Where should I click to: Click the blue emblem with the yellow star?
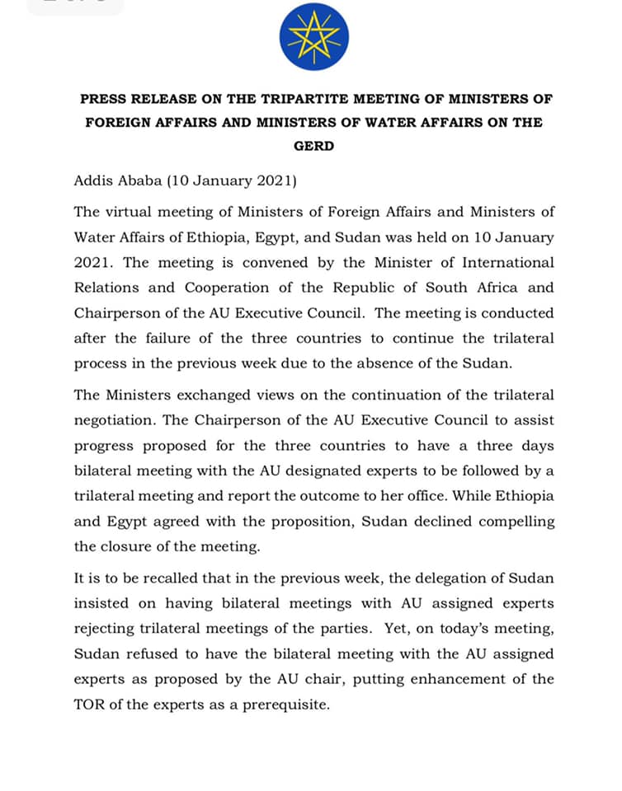[x=313, y=36]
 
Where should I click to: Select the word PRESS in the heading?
[x=101, y=99]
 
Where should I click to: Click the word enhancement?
[x=465, y=680]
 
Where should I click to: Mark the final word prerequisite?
[x=284, y=705]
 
